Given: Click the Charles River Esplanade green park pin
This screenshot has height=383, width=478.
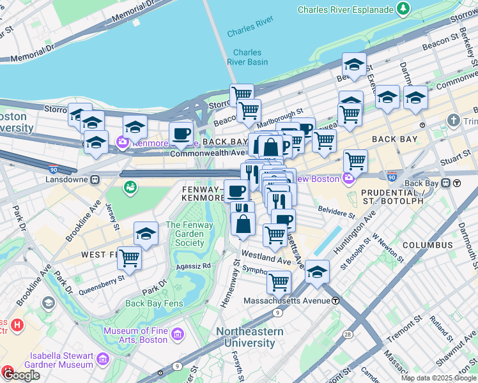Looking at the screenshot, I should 403,9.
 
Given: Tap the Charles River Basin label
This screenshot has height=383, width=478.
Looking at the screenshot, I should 247,57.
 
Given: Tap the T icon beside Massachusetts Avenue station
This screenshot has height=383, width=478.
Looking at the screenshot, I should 335,301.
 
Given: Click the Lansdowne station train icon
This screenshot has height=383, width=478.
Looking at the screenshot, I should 95,181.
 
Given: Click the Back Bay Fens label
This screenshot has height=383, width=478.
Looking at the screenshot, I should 154,303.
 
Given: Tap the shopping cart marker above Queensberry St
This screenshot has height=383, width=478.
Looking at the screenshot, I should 129,258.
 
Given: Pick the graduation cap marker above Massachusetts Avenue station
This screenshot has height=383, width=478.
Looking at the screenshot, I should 317,271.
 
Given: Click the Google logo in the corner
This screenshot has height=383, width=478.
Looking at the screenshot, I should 21,375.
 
